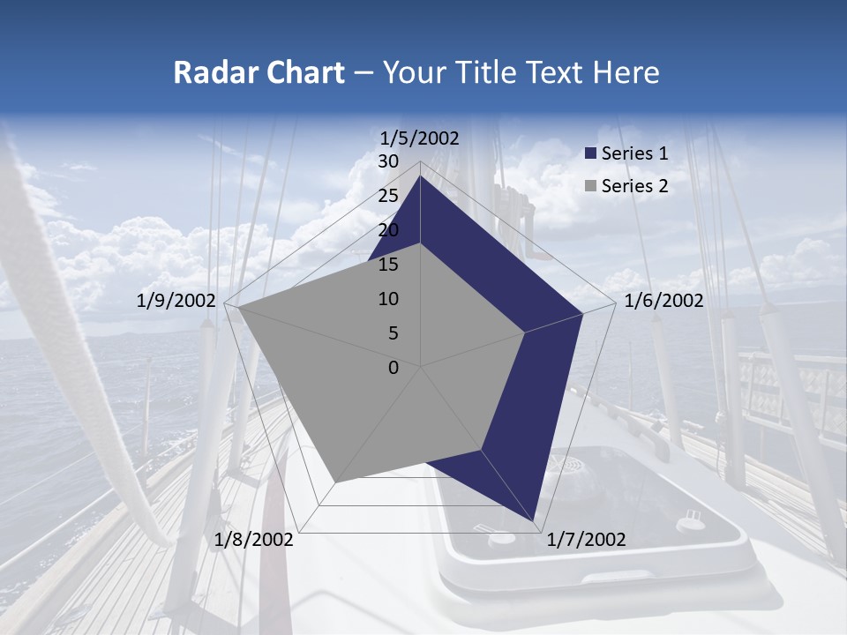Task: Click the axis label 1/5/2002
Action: point(420,138)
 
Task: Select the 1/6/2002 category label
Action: point(663,301)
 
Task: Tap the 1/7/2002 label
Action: point(586,540)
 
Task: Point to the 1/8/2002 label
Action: point(254,540)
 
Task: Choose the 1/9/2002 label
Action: point(176,301)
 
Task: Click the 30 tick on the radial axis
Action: point(388,161)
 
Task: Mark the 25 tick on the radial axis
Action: point(388,196)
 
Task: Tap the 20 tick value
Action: point(388,230)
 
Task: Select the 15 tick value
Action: point(388,265)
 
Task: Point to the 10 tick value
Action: point(388,299)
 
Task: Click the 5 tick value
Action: point(393,333)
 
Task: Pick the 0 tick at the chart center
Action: point(394,368)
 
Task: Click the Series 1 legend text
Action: point(634,153)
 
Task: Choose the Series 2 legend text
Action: point(634,185)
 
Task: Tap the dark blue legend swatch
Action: point(591,153)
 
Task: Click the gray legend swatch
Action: point(591,185)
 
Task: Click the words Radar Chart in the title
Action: point(259,73)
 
